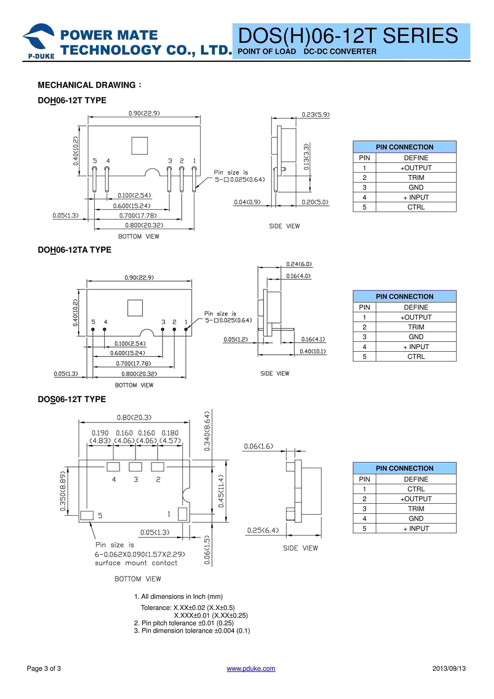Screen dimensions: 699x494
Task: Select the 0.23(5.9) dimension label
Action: pos(316,115)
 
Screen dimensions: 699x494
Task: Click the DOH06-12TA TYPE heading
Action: pos(74,250)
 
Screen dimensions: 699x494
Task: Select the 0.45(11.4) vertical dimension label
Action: pos(221,491)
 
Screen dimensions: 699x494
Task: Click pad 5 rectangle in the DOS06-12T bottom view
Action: pos(87,515)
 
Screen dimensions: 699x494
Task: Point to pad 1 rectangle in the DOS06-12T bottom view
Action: pos(182,514)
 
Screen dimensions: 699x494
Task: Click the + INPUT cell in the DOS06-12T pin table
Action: pos(416,528)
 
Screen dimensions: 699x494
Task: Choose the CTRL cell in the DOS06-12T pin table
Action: pos(416,489)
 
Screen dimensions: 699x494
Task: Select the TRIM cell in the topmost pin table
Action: pos(416,178)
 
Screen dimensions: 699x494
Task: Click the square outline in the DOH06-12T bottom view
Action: pos(139,146)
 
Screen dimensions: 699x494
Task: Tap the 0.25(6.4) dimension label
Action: pos(263,530)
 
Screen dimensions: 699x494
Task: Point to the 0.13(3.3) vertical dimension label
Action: pos(306,157)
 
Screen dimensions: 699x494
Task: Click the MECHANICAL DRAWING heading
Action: pos(89,85)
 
